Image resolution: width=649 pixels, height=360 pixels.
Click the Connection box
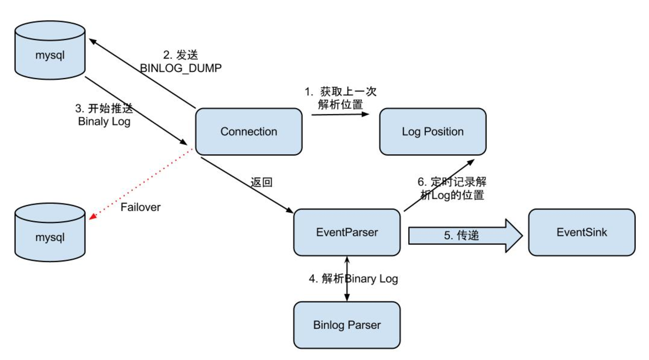249,132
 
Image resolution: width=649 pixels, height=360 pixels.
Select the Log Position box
433,132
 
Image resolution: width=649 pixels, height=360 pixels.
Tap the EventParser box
347,232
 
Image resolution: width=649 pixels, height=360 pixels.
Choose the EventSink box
582,232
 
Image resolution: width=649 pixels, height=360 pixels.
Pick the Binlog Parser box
347,325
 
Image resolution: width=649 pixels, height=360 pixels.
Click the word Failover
141,207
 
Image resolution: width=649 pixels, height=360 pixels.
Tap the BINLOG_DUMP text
181,68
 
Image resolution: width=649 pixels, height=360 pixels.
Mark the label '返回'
261,182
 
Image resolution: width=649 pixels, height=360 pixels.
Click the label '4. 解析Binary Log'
353,279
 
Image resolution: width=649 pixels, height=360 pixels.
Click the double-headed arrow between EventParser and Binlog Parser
347,279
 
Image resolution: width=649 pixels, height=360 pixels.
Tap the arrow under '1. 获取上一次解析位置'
340,114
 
